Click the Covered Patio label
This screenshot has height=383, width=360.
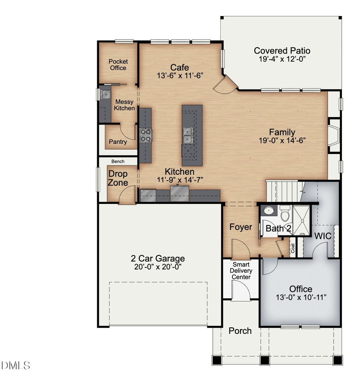pyautogui.click(x=282, y=51)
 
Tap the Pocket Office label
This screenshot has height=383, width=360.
pyautogui.click(x=118, y=65)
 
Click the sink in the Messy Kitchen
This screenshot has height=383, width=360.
pyautogui.click(x=106, y=95)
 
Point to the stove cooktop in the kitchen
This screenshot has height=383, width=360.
pyautogui.click(x=146, y=135)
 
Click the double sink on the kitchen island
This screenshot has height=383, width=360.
pyautogui.click(x=187, y=136)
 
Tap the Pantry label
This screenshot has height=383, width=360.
pyautogui.click(x=118, y=142)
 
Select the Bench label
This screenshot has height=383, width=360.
pyautogui.click(x=118, y=162)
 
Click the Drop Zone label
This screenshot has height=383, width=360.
pyautogui.click(x=118, y=178)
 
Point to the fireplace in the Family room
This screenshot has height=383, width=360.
pyautogui.click(x=333, y=135)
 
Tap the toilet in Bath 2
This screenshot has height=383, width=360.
pyautogui.click(x=285, y=214)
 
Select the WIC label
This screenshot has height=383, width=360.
pyautogui.click(x=322, y=236)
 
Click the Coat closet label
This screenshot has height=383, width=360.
pyautogui.click(x=292, y=248)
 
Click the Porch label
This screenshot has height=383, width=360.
pyautogui.click(x=240, y=331)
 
